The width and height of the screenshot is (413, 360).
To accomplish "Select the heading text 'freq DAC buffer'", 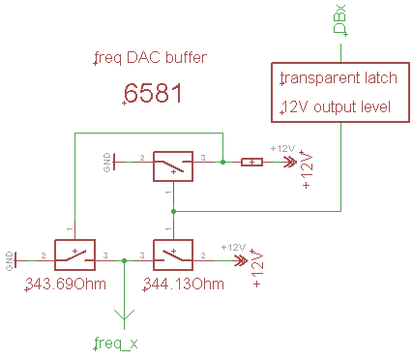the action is click(152, 58).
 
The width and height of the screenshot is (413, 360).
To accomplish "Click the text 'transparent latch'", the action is click(334, 77).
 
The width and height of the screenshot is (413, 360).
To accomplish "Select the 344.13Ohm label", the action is click(184, 285).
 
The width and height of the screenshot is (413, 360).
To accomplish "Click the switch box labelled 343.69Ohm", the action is click(75, 255).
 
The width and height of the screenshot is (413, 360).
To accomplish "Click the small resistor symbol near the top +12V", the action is click(251, 162).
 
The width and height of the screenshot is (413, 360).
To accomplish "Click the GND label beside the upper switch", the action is click(107, 161).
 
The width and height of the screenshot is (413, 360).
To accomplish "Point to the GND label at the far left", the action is click(10, 258).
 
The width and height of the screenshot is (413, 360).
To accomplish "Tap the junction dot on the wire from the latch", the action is click(171, 208).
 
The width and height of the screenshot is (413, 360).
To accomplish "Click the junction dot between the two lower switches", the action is click(124, 259).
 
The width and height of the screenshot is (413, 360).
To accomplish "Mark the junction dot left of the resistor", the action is click(223, 162).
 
